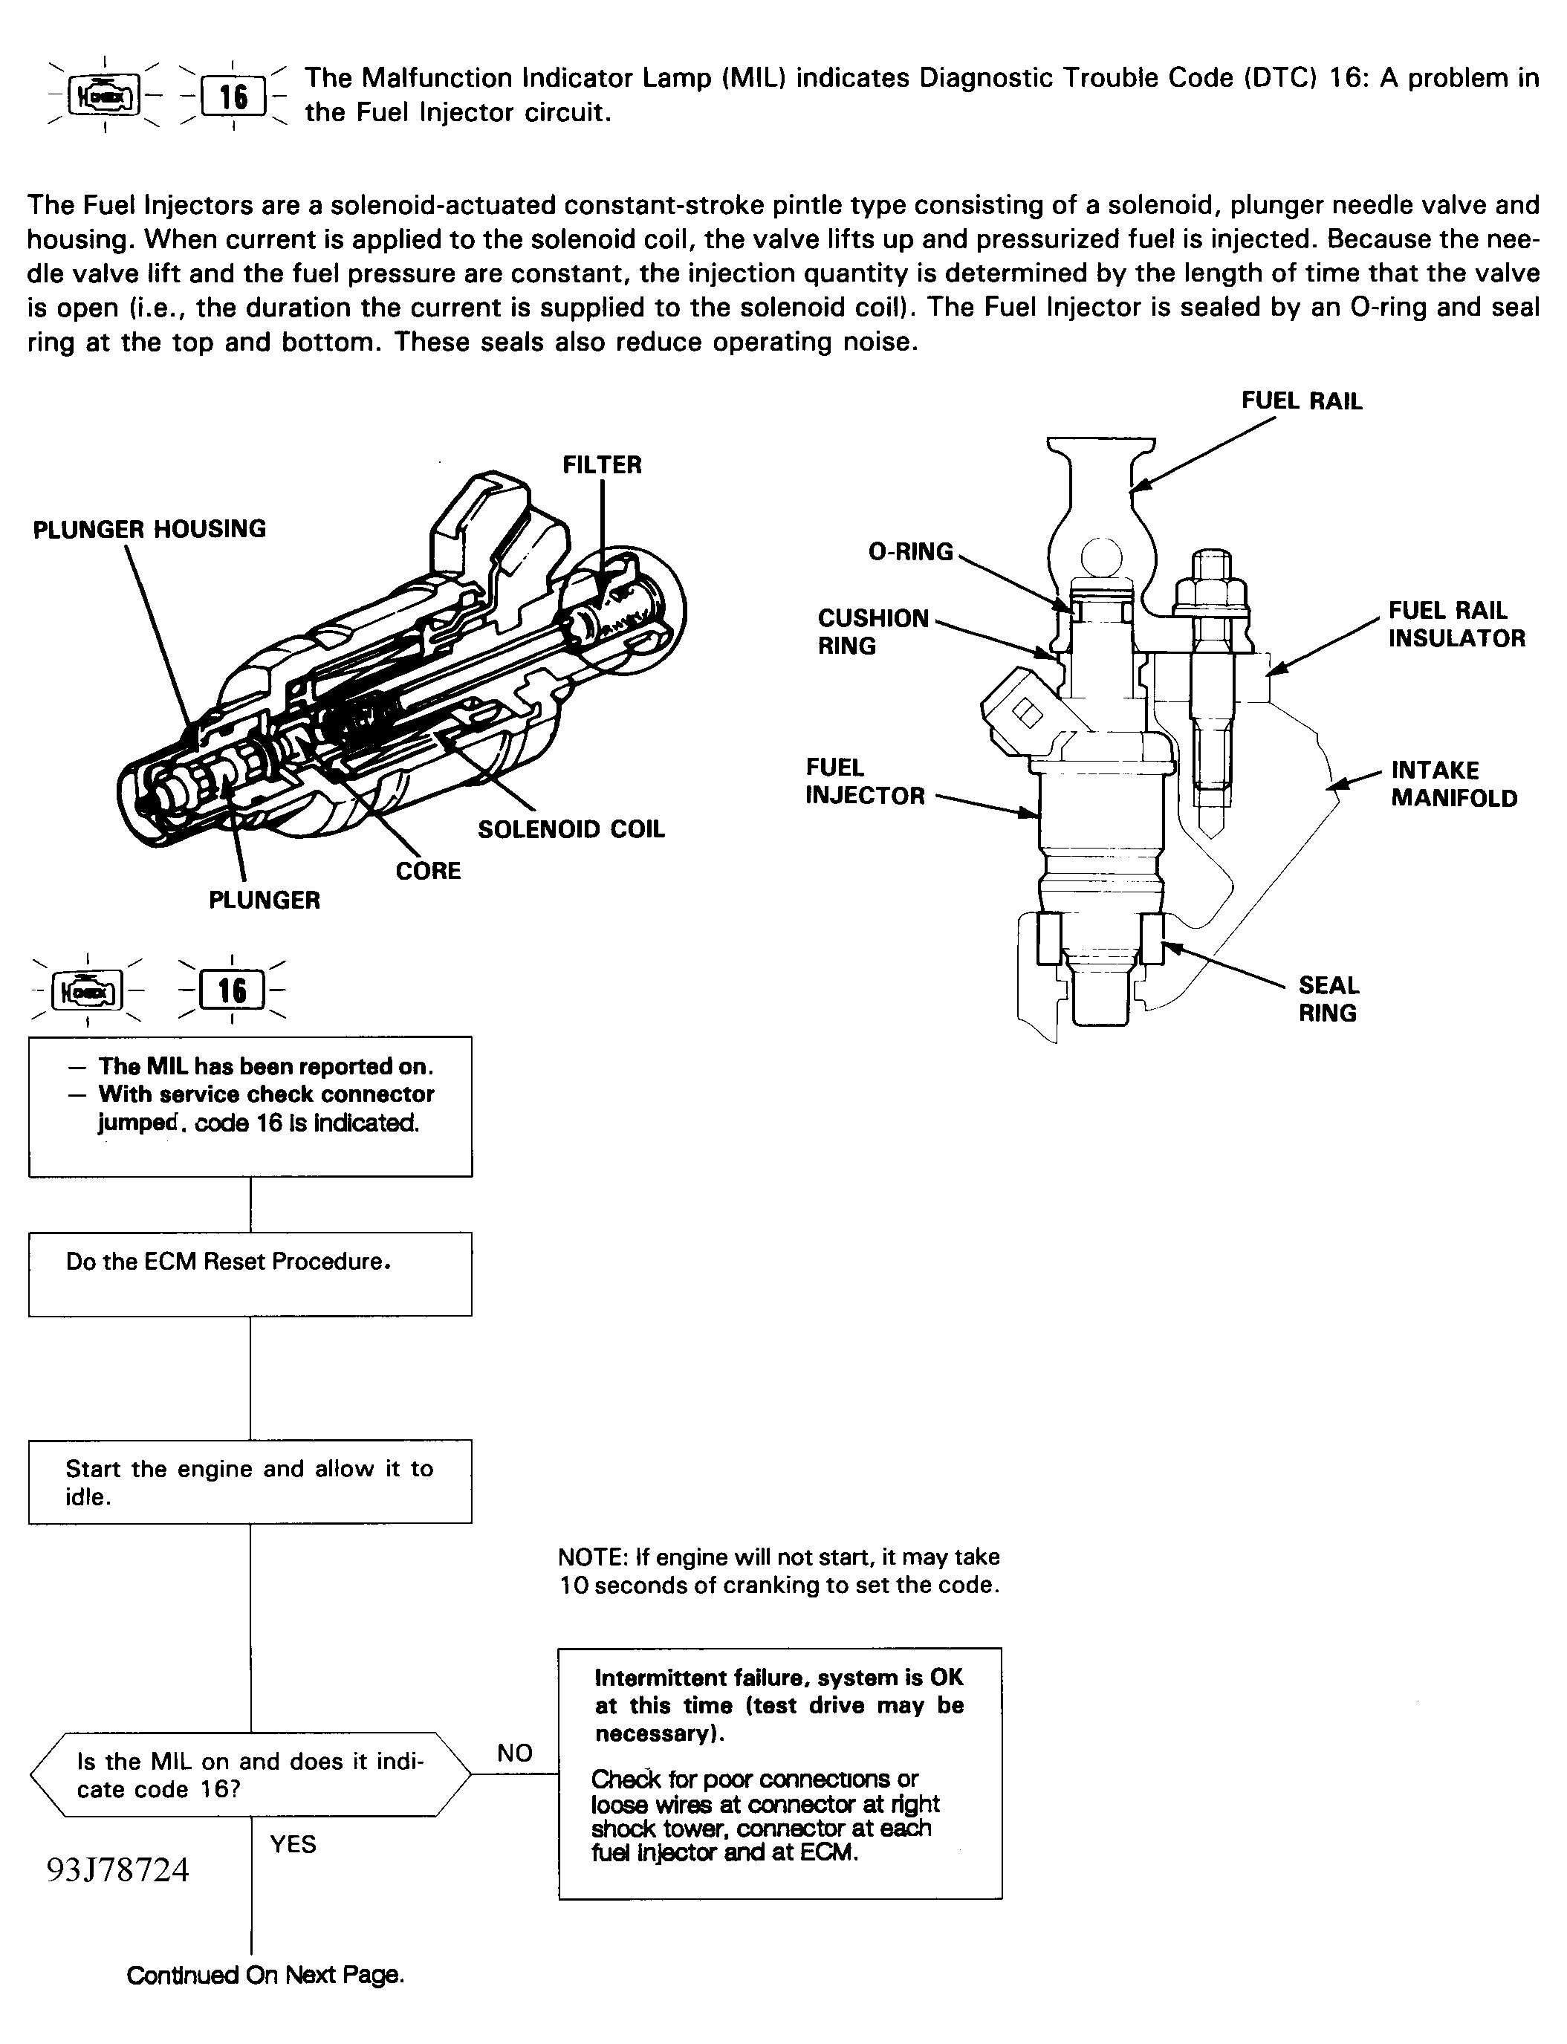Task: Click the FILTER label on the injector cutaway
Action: pyautogui.click(x=602, y=464)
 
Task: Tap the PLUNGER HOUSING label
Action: pyautogui.click(x=149, y=529)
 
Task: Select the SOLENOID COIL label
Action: pyautogui.click(x=571, y=829)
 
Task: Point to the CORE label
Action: pyautogui.click(x=428, y=870)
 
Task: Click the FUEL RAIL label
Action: pyautogui.click(x=1301, y=401)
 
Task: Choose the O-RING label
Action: pyautogui.click(x=910, y=551)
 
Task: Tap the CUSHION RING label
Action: pyautogui.click(x=873, y=632)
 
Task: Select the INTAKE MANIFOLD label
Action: pyautogui.click(x=1453, y=783)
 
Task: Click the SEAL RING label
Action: pyautogui.click(x=1328, y=999)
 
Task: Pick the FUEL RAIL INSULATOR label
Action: pyautogui.click(x=1456, y=624)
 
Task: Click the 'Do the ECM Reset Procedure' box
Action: pyautogui.click(x=250, y=1274)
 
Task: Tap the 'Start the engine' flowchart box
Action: pyautogui.click(x=250, y=1481)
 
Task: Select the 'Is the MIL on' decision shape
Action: pyautogui.click(x=250, y=1774)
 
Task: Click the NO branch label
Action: pyautogui.click(x=515, y=1752)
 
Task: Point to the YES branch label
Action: pyautogui.click(x=293, y=1843)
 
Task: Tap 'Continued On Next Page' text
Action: pyautogui.click(x=265, y=1974)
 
